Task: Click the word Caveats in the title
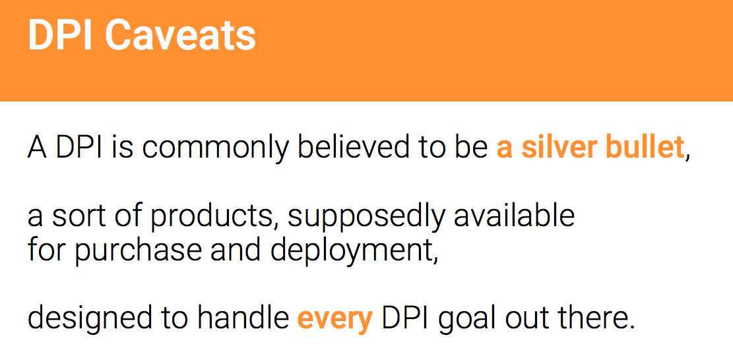pos(180,36)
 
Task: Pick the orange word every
pos(335,319)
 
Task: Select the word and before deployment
pos(237,251)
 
